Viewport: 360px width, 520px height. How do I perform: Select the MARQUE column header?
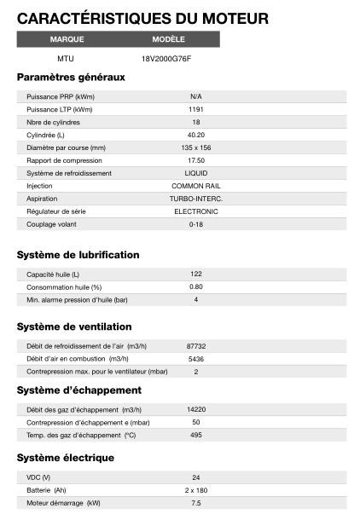coord(67,39)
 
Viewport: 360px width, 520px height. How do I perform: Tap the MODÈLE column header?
coord(168,39)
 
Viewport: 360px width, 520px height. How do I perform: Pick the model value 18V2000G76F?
coord(167,59)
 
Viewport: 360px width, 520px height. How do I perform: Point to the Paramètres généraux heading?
coord(71,78)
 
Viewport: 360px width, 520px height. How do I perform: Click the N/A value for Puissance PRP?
coord(195,97)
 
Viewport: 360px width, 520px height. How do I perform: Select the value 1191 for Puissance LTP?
coord(195,110)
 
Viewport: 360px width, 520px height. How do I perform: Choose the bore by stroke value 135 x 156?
coord(195,147)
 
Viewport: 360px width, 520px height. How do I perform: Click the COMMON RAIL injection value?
coord(195,186)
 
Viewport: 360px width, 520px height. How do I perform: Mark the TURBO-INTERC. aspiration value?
coord(195,199)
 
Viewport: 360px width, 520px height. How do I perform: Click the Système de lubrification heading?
coord(78,255)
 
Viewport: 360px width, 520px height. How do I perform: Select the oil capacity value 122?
coord(195,274)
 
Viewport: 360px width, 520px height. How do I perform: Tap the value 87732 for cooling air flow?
coord(195,346)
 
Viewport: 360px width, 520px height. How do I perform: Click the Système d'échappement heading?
coord(78,390)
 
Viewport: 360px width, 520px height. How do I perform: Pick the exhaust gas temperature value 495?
coord(195,436)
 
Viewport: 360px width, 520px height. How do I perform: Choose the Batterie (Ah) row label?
coord(46,490)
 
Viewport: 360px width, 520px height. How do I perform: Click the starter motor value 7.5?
coord(195,503)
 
